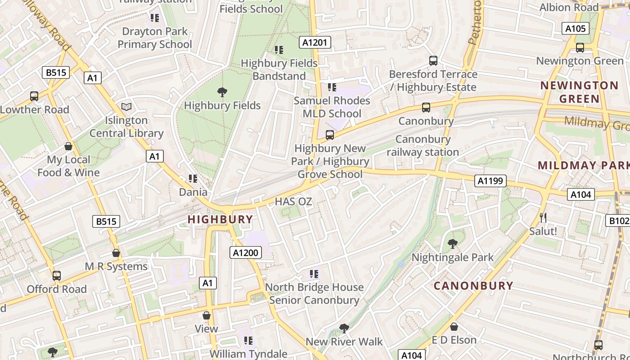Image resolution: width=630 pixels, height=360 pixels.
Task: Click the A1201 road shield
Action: [x=315, y=43]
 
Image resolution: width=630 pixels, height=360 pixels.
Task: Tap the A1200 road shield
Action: [x=246, y=253]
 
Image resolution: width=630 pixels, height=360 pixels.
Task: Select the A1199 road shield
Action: [x=490, y=181]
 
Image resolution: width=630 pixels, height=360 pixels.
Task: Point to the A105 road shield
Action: [x=576, y=29]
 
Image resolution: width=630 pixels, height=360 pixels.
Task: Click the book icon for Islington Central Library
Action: [x=126, y=107]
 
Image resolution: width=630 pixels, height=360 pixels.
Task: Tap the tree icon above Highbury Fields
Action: [x=222, y=92]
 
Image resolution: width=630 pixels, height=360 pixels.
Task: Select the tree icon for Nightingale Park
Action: [x=453, y=244]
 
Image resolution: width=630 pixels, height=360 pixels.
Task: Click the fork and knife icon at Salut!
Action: [x=543, y=218]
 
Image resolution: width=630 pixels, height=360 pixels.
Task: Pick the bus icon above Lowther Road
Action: [x=34, y=96]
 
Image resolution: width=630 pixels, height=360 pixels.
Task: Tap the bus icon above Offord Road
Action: [x=57, y=275]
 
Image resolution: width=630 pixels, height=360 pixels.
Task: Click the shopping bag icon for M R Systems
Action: [x=116, y=253]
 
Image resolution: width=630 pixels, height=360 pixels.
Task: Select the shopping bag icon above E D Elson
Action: [x=454, y=327]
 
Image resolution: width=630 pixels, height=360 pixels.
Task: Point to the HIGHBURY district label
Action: [x=220, y=220]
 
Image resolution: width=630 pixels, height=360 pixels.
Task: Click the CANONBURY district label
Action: [x=473, y=286]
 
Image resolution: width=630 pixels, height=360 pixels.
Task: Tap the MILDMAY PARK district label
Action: [x=584, y=165]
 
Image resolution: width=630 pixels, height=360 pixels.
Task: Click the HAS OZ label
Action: [x=293, y=202]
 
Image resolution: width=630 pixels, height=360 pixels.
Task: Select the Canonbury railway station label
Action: [x=423, y=146]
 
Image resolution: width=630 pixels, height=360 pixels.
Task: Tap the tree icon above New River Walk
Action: [x=344, y=328]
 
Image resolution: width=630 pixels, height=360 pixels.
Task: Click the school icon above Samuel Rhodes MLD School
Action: [x=332, y=87]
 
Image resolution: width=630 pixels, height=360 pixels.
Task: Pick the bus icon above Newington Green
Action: [x=580, y=47]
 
